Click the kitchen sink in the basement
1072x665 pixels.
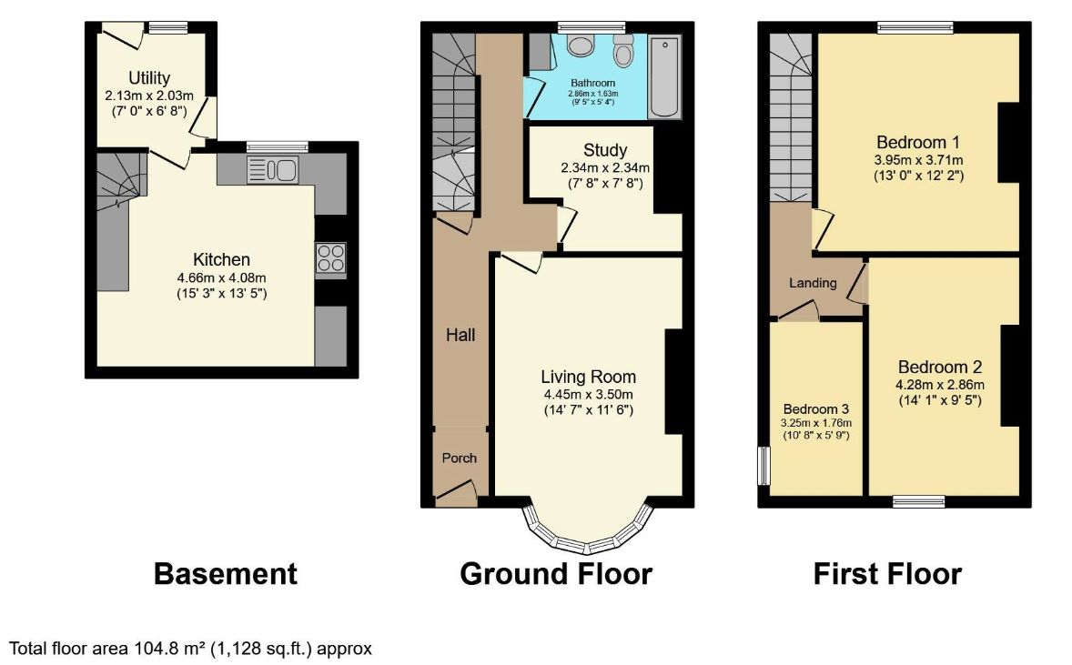tap(273, 169)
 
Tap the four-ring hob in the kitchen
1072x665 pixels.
tap(331, 259)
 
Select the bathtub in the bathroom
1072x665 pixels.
tap(664, 77)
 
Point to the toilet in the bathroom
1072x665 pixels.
tap(622, 50)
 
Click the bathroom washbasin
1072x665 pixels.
tap(582, 45)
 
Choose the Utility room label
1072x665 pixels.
tap(149, 78)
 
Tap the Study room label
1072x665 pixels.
tap(605, 150)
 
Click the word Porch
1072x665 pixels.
tap(460, 458)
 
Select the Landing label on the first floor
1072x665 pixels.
tap(813, 283)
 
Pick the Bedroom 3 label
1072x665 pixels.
tap(816, 408)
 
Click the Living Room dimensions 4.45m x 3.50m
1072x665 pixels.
tap(589, 394)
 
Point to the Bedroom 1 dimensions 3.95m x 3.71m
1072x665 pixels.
tap(918, 160)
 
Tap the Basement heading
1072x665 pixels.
tap(226, 573)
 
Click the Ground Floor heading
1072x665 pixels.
tap(556, 573)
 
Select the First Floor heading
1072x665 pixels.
tap(887, 573)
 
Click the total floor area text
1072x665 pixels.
tap(191, 649)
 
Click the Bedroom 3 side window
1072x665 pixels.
tap(763, 466)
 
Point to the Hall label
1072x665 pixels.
tap(460, 335)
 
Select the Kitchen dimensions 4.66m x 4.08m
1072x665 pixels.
tap(221, 278)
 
